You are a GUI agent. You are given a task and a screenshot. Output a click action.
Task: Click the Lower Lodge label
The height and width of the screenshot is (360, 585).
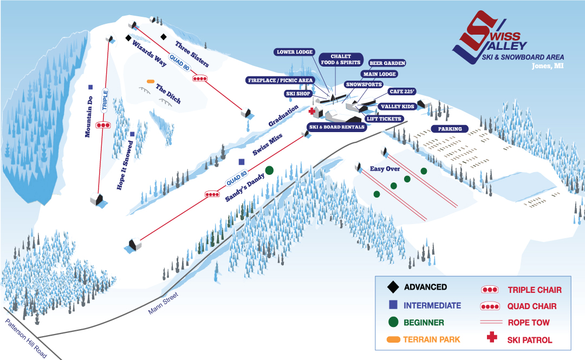[295, 52]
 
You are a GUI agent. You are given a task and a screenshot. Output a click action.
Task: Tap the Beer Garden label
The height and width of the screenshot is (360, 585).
[387, 63]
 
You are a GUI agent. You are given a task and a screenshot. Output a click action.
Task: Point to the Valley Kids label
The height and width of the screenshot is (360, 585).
[397, 107]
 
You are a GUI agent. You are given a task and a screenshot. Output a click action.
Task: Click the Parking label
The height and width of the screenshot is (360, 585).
[450, 129]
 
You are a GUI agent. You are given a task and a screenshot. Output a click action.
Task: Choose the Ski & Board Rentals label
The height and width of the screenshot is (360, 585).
[337, 127]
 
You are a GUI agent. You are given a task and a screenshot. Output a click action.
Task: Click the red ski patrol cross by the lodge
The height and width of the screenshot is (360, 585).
[312, 112]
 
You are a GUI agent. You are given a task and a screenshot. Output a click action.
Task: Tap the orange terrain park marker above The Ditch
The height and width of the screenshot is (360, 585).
[151, 81]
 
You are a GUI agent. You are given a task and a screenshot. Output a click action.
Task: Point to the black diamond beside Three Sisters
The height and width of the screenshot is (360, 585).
[163, 37]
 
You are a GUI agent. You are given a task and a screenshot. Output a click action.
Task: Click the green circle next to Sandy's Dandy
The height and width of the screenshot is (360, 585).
[269, 169]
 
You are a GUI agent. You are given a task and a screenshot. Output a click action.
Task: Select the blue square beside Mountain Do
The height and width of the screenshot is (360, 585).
[90, 87]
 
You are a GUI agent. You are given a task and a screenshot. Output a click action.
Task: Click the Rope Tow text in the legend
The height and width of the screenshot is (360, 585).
[529, 323]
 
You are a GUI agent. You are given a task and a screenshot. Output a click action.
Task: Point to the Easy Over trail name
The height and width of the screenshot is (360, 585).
[385, 169]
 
